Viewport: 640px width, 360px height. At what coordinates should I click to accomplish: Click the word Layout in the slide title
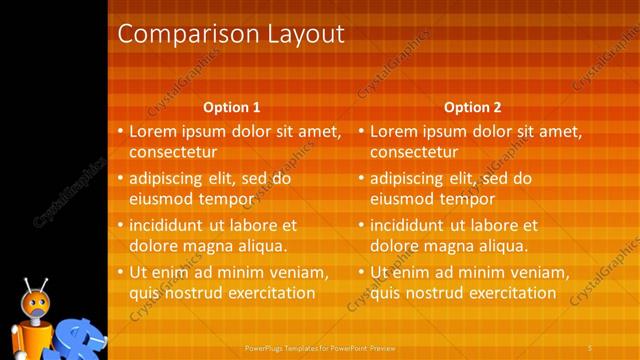(299, 34)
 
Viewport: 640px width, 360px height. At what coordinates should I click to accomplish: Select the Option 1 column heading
(232, 107)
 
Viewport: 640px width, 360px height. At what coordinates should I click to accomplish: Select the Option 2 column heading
(473, 107)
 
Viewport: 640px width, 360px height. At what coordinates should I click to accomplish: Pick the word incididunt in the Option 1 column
(168, 225)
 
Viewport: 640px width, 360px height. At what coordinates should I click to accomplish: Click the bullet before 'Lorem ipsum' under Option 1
(121, 131)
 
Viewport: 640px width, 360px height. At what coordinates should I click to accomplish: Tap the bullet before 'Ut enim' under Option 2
(362, 272)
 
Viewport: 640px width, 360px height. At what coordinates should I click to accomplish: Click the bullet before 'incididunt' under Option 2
(362, 225)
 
